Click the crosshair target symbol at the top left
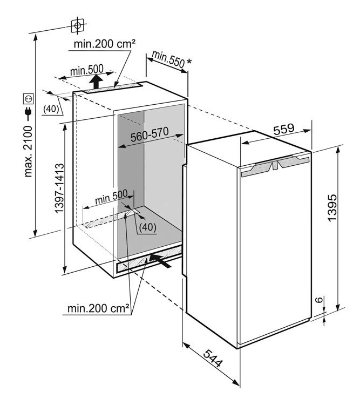point(77,25)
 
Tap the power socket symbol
point(28,98)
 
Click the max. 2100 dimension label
point(28,151)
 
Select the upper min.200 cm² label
point(104,44)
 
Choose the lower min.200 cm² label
point(98,308)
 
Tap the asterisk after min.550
point(189,62)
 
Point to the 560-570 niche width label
point(150,134)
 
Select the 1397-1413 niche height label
point(59,188)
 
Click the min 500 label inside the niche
point(111,197)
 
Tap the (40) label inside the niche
point(148,227)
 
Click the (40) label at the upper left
point(51,109)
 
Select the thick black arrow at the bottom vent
point(160,260)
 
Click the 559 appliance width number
point(284,130)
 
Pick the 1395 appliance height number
point(332,208)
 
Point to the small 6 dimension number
point(320,300)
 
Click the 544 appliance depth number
point(212,358)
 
